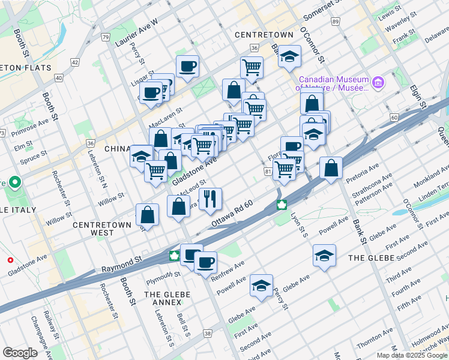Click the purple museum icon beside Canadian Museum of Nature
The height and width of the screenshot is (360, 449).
coord(378,82)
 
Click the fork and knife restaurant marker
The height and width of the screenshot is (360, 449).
coord(210,199)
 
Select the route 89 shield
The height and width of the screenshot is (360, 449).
coord(334,22)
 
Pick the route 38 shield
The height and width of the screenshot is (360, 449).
coord(208,333)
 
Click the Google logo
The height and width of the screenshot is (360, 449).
coord(20,353)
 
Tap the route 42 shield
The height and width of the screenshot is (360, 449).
coord(75,62)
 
